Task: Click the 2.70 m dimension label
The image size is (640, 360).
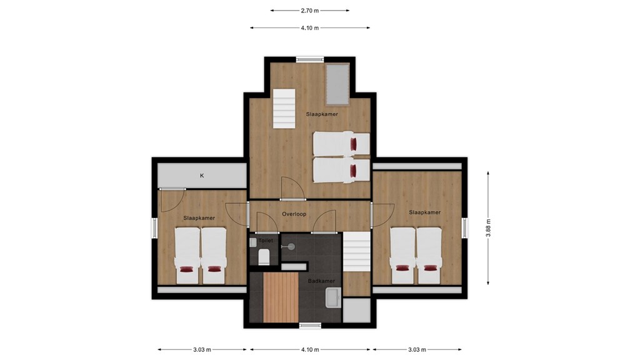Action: (x=310, y=11)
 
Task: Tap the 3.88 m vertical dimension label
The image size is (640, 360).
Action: (x=488, y=227)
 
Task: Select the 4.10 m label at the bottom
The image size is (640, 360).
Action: (x=310, y=349)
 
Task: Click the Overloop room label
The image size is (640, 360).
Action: (x=294, y=214)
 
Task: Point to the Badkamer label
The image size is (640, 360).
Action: (x=321, y=281)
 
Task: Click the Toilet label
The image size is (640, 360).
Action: (x=266, y=241)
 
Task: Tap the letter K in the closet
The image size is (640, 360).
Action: (x=202, y=176)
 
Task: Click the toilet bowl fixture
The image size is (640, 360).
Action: (x=264, y=257)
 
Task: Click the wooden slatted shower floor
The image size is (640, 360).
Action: (x=281, y=297)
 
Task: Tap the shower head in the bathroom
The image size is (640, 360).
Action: (x=291, y=246)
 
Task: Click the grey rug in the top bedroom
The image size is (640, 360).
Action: (x=337, y=84)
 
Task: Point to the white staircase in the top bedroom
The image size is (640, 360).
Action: (x=284, y=109)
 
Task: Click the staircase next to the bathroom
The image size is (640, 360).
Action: (x=356, y=252)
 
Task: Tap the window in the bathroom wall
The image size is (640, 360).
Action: (x=310, y=325)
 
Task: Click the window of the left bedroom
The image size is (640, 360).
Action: (x=155, y=227)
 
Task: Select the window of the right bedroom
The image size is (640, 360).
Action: (x=464, y=227)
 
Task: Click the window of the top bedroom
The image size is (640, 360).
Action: (x=310, y=59)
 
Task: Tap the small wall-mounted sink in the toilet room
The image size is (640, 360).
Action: (x=252, y=242)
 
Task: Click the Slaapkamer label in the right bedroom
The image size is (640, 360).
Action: (x=425, y=212)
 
